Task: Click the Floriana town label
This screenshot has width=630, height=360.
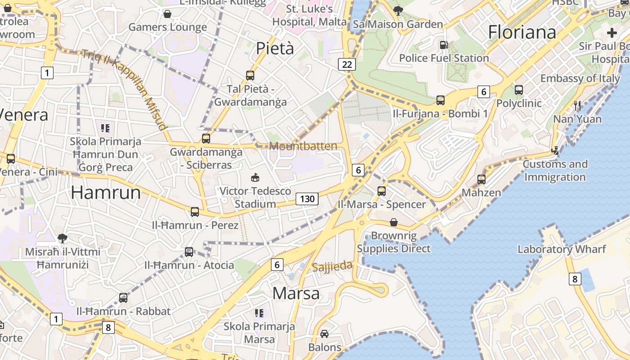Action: pyautogui.click(x=522, y=32)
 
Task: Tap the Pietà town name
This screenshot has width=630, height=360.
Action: pyautogui.click(x=274, y=49)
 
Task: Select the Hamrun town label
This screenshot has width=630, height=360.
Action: pyautogui.click(x=106, y=193)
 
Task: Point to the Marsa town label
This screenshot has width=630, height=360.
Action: pyautogui.click(x=296, y=293)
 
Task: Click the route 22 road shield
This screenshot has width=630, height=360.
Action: pyautogui.click(x=347, y=64)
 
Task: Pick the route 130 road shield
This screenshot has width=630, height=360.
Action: pyautogui.click(x=307, y=199)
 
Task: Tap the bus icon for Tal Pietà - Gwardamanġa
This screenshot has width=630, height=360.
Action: pyautogui.click(x=250, y=76)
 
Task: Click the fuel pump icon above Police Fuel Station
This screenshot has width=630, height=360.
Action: pyautogui.click(x=444, y=45)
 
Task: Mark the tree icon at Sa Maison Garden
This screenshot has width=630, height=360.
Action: pyautogui.click(x=398, y=11)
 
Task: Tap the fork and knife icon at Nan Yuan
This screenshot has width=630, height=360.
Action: pyautogui.click(x=577, y=106)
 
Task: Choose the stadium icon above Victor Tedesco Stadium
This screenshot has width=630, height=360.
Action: pyautogui.click(x=255, y=177)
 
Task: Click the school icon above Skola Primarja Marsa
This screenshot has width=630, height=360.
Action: pyautogui.click(x=259, y=313)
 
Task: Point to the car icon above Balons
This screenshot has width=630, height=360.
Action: pyautogui.click(x=324, y=334)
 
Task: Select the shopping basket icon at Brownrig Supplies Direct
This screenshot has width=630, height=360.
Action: pyautogui.click(x=394, y=222)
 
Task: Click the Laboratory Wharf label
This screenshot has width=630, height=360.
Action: pyautogui.click(x=562, y=249)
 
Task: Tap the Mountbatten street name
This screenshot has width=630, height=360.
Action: pyautogui.click(x=303, y=146)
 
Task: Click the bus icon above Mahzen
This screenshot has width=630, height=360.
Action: pyautogui.click(x=481, y=180)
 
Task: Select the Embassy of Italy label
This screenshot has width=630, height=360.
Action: pyautogui.click(x=580, y=78)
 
